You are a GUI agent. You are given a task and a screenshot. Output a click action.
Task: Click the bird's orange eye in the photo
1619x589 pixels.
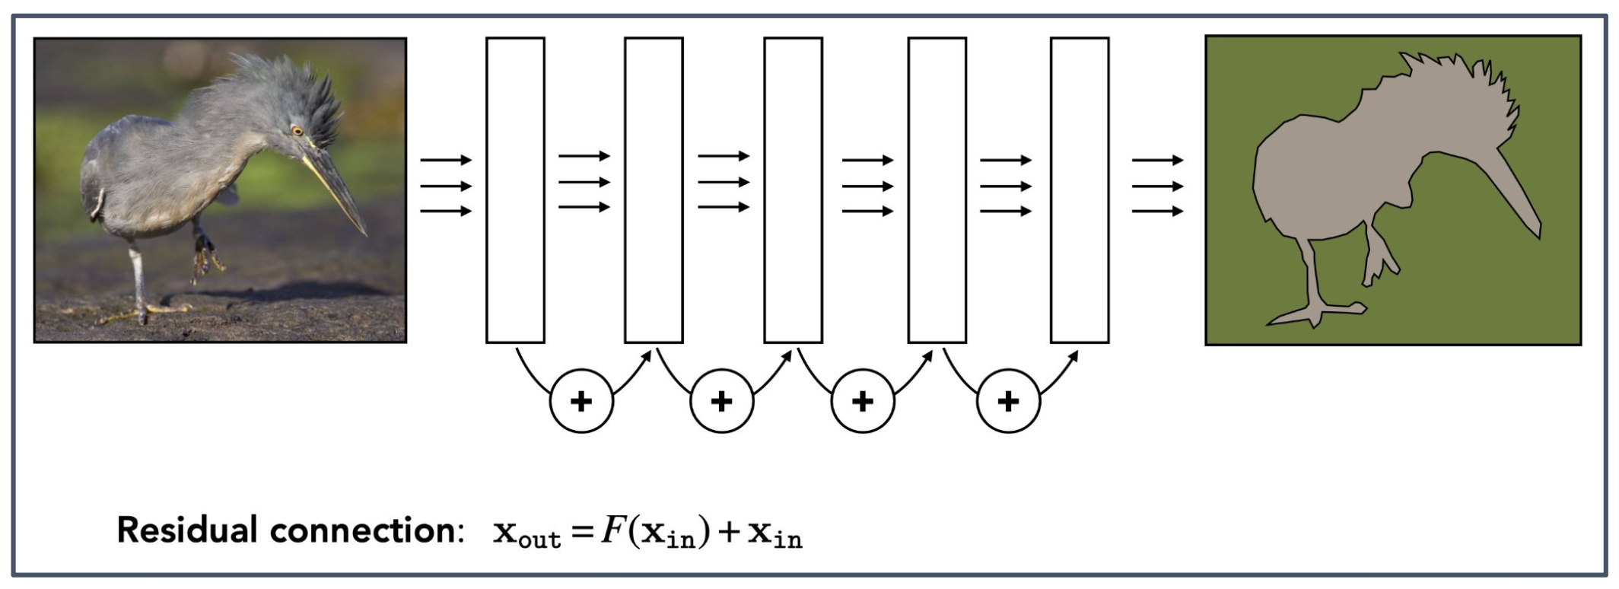tap(297, 131)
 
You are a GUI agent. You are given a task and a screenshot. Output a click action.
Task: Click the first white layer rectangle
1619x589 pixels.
tap(515, 190)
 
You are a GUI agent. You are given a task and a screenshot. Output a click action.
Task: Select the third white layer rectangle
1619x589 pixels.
tap(793, 190)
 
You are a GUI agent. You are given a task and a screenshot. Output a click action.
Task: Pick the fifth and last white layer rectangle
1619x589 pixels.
tap(1079, 190)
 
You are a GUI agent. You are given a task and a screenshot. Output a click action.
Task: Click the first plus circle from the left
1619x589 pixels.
tap(581, 401)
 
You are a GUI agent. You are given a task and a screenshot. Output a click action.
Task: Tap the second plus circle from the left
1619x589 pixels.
tap(721, 401)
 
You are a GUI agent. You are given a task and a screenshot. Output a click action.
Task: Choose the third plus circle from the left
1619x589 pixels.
tap(863, 401)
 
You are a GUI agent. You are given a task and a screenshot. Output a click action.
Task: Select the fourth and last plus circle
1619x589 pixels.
tap(1008, 401)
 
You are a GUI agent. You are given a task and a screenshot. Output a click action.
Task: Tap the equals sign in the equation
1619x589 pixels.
tap(582, 532)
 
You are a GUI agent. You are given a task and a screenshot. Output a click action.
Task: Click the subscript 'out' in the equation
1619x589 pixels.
tap(540, 540)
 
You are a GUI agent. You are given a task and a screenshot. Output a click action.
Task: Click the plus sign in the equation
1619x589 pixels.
tap(728, 532)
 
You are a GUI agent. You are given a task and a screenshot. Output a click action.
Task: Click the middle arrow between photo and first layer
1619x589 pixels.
tap(446, 186)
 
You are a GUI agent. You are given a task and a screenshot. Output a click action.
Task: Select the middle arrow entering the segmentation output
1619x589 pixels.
tap(1157, 186)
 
